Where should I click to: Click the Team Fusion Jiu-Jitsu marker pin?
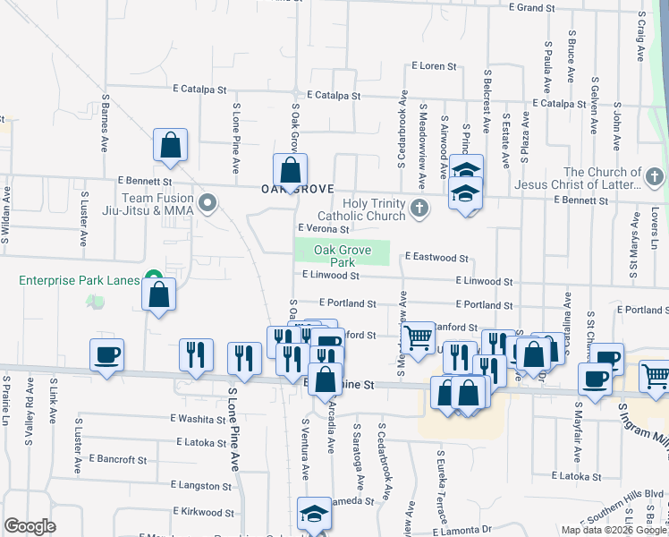207,203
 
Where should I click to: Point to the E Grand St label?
532,8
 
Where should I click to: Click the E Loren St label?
434,66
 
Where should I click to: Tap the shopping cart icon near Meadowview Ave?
418,337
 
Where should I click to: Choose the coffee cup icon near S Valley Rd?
106,354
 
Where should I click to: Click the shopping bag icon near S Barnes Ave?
169,146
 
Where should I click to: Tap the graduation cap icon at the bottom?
314,515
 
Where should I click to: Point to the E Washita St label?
198,419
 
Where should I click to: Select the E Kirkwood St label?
200,513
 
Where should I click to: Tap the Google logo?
30,526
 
